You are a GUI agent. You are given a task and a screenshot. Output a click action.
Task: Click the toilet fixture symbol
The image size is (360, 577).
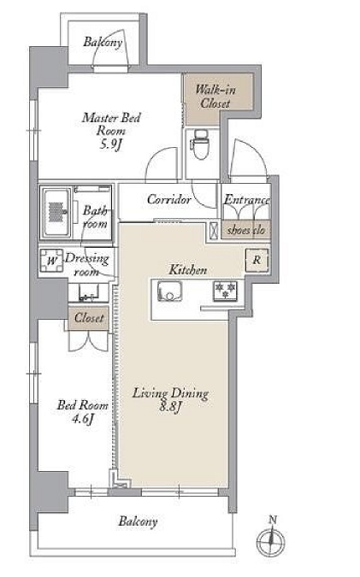click(201, 144)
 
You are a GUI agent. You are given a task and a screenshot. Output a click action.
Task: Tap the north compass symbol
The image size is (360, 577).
click(271, 539)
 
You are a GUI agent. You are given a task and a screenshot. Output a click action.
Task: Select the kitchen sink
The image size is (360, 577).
click(169, 291)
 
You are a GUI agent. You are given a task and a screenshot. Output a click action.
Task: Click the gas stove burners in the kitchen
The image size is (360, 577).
click(225, 291)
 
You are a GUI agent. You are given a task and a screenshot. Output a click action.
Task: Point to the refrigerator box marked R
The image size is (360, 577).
click(257, 261)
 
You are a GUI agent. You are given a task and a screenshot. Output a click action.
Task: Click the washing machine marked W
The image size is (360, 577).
click(52, 261)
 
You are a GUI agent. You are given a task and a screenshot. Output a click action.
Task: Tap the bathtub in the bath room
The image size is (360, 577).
click(56, 213)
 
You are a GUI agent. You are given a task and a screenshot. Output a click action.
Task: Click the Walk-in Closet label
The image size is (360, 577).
click(215, 97)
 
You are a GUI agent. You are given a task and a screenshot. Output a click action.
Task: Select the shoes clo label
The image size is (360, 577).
click(246, 230)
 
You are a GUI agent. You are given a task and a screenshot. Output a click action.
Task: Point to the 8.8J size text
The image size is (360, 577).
click(170, 407)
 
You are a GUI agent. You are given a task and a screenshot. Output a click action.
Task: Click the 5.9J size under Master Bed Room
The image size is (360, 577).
click(110, 144)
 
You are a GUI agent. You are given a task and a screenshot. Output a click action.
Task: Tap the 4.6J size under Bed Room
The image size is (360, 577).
click(82, 418)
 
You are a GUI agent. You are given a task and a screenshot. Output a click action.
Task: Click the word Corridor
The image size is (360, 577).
click(169, 199)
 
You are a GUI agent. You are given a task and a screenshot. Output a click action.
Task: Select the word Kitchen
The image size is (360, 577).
click(188, 270)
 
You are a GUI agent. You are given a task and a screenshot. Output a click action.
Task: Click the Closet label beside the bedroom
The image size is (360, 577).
click(89, 318)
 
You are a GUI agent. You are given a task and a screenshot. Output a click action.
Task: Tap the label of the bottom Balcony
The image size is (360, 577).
click(138, 521)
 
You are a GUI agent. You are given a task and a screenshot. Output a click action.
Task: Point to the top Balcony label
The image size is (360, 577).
click(103, 42)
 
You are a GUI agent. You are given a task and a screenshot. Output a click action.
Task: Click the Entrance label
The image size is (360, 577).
click(246, 200)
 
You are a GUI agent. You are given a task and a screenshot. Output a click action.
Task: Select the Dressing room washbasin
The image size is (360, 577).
click(88, 293)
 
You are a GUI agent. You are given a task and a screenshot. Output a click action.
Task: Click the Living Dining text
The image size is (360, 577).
click(170, 393)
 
